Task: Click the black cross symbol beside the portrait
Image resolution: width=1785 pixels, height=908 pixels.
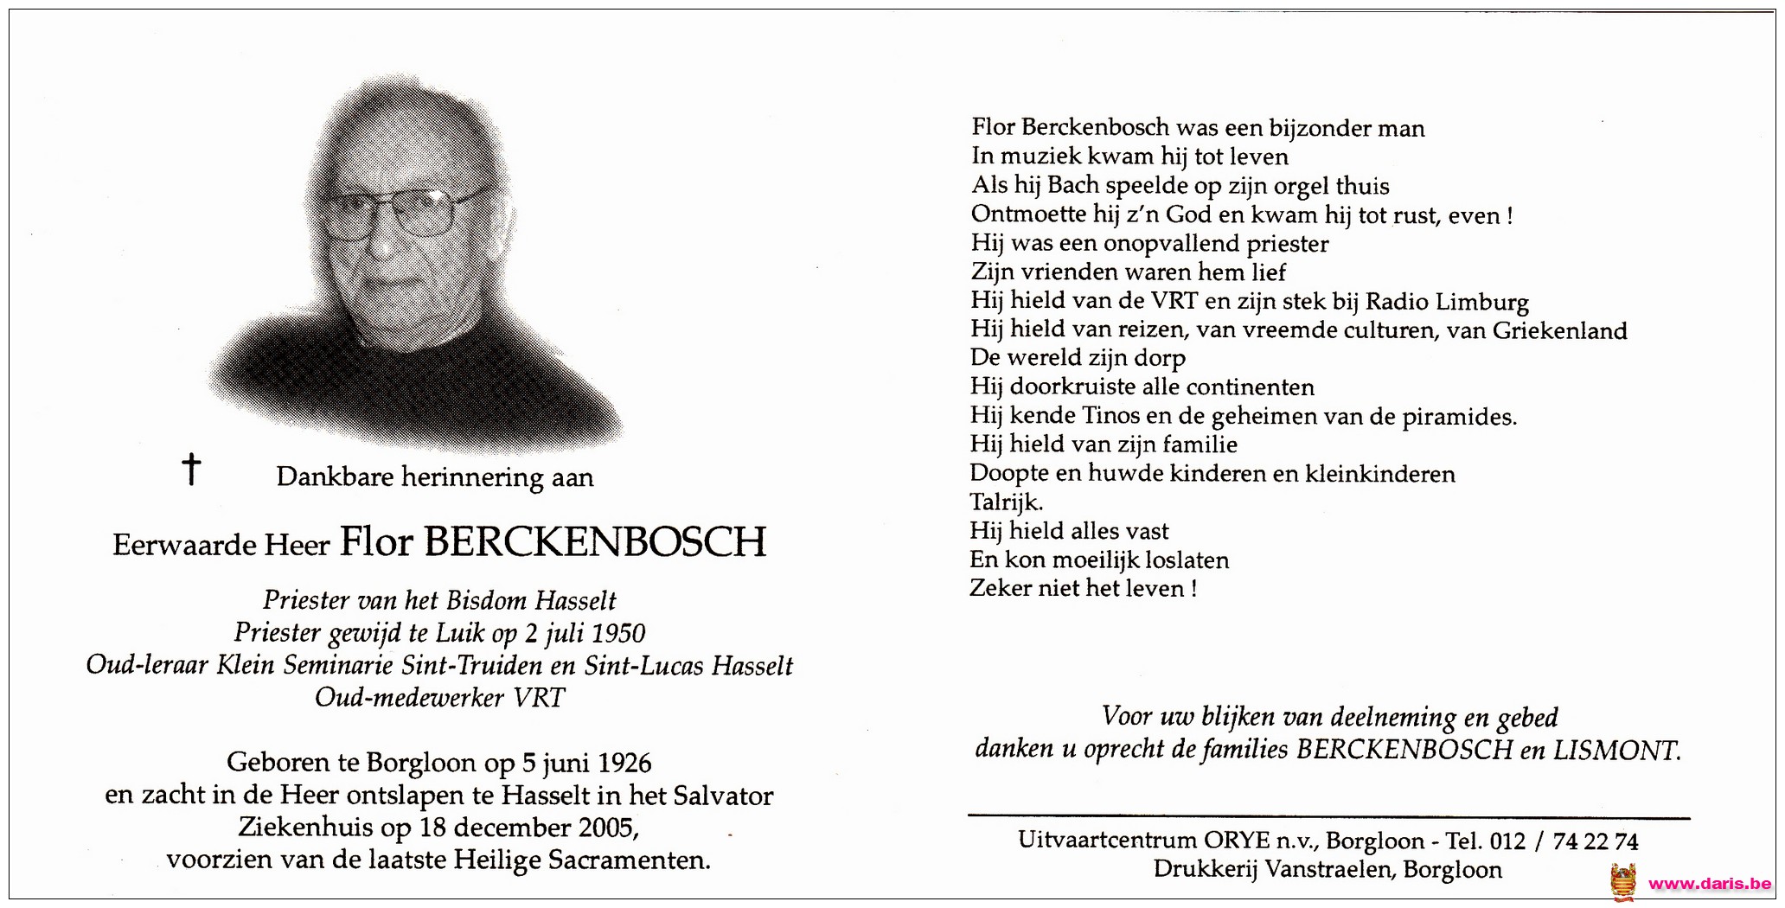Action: click(x=191, y=469)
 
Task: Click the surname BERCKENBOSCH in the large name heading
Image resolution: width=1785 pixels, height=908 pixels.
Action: click(x=595, y=543)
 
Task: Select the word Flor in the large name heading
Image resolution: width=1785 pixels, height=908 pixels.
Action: click(x=376, y=543)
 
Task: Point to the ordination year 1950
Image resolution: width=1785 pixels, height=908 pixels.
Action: click(x=619, y=634)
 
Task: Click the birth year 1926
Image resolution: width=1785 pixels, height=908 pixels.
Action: click(x=624, y=763)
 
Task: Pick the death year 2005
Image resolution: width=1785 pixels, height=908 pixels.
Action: click(x=607, y=828)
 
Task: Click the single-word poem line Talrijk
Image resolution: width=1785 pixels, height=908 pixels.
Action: click(x=1007, y=502)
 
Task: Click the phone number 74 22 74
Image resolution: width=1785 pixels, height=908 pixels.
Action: click(x=1595, y=841)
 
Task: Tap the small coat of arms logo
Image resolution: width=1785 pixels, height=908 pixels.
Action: click(x=1623, y=882)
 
